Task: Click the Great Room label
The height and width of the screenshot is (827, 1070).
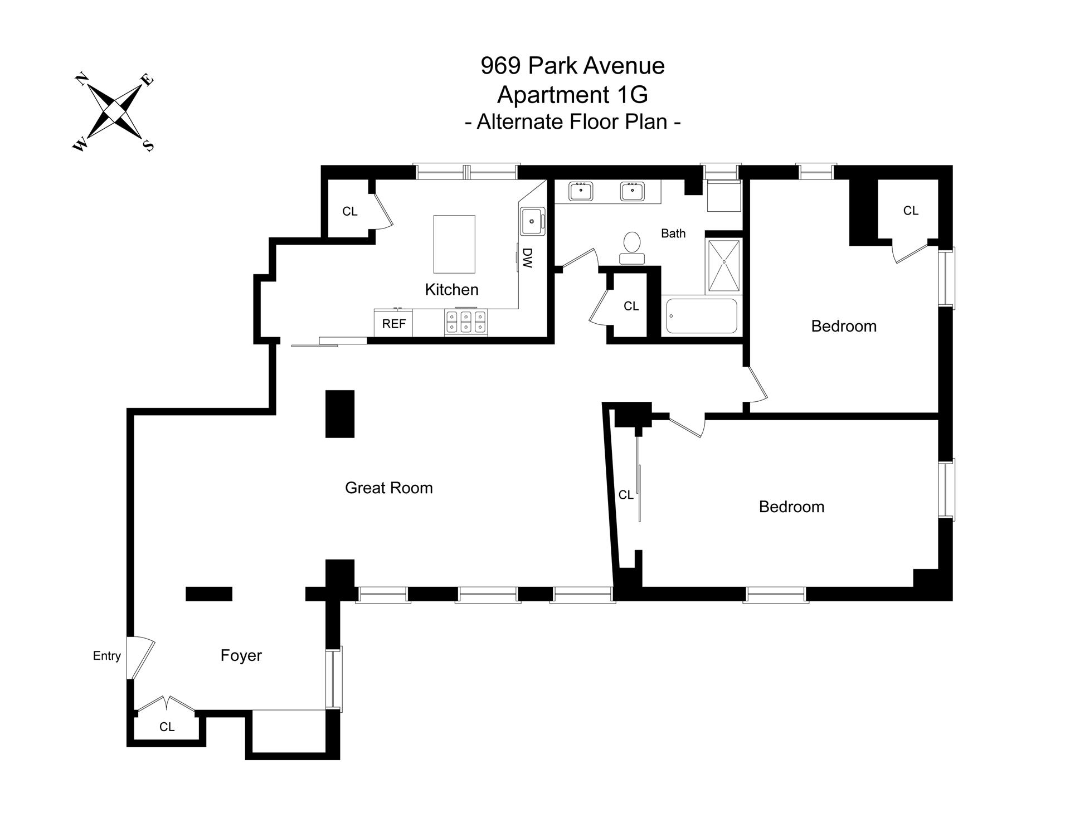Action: tap(388, 488)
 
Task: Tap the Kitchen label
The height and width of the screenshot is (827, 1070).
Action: tap(451, 289)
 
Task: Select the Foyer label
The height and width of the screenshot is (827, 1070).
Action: tap(241, 655)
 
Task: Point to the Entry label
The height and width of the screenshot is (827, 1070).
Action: tap(106, 656)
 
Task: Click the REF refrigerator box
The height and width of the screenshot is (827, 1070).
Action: tap(393, 324)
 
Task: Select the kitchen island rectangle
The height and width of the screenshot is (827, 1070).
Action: tap(454, 244)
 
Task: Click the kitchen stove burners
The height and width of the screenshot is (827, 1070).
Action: tap(466, 323)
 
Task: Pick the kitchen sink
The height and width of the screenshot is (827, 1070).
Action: tap(533, 221)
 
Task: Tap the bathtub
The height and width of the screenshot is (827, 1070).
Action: tap(702, 316)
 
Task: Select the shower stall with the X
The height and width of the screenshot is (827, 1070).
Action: tap(724, 266)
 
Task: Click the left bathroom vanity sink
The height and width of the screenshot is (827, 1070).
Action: tap(581, 191)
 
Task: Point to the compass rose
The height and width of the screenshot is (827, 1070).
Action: tap(114, 111)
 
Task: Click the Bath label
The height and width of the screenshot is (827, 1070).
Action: tap(673, 233)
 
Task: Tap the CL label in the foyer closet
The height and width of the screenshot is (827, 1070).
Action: tap(167, 727)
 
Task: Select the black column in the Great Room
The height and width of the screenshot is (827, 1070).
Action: tap(340, 413)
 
